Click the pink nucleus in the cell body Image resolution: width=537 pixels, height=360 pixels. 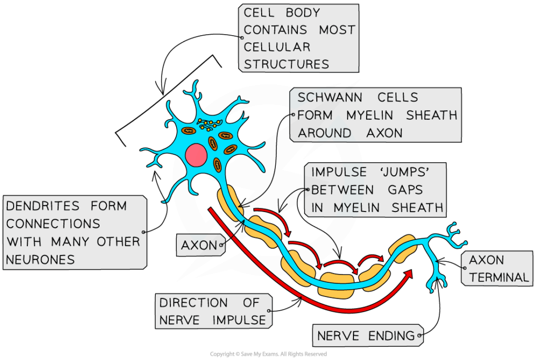(x=196, y=155)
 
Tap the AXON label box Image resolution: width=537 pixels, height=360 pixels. (x=199, y=245)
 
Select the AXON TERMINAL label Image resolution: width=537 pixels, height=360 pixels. (x=496, y=268)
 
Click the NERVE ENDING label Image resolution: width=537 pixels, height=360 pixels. (x=367, y=335)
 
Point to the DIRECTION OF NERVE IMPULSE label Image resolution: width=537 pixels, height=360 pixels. (x=213, y=311)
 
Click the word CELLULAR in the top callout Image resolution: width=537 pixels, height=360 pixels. (x=277, y=47)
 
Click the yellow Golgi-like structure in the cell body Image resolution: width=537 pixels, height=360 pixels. (x=208, y=125)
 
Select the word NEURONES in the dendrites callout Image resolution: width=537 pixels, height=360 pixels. (x=40, y=259)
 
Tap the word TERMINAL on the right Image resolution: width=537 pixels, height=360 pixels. (x=499, y=277)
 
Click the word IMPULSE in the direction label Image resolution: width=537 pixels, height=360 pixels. (x=239, y=320)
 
